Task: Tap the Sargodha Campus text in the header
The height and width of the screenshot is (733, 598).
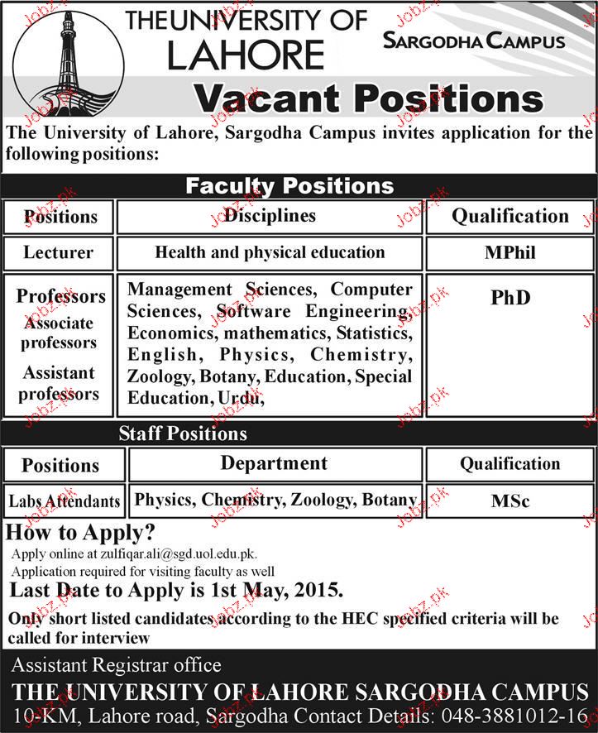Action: point(475,41)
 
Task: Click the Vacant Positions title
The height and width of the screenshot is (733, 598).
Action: point(367,99)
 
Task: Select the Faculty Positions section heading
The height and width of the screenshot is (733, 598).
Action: point(289,184)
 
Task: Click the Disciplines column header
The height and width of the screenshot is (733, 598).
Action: point(270,215)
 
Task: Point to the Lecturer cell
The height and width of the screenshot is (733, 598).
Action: point(59,252)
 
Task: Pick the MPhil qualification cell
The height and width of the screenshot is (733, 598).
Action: point(509,252)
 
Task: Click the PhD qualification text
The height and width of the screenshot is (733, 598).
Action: point(509,297)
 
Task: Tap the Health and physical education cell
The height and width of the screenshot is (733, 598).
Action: point(270,252)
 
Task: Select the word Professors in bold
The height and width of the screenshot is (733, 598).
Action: point(61,295)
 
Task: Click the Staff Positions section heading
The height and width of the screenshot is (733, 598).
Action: point(183,433)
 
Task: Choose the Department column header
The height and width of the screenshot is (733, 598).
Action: point(273,462)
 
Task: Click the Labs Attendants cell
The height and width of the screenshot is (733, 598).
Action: point(65,501)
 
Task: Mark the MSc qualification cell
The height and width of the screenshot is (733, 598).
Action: point(509,501)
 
